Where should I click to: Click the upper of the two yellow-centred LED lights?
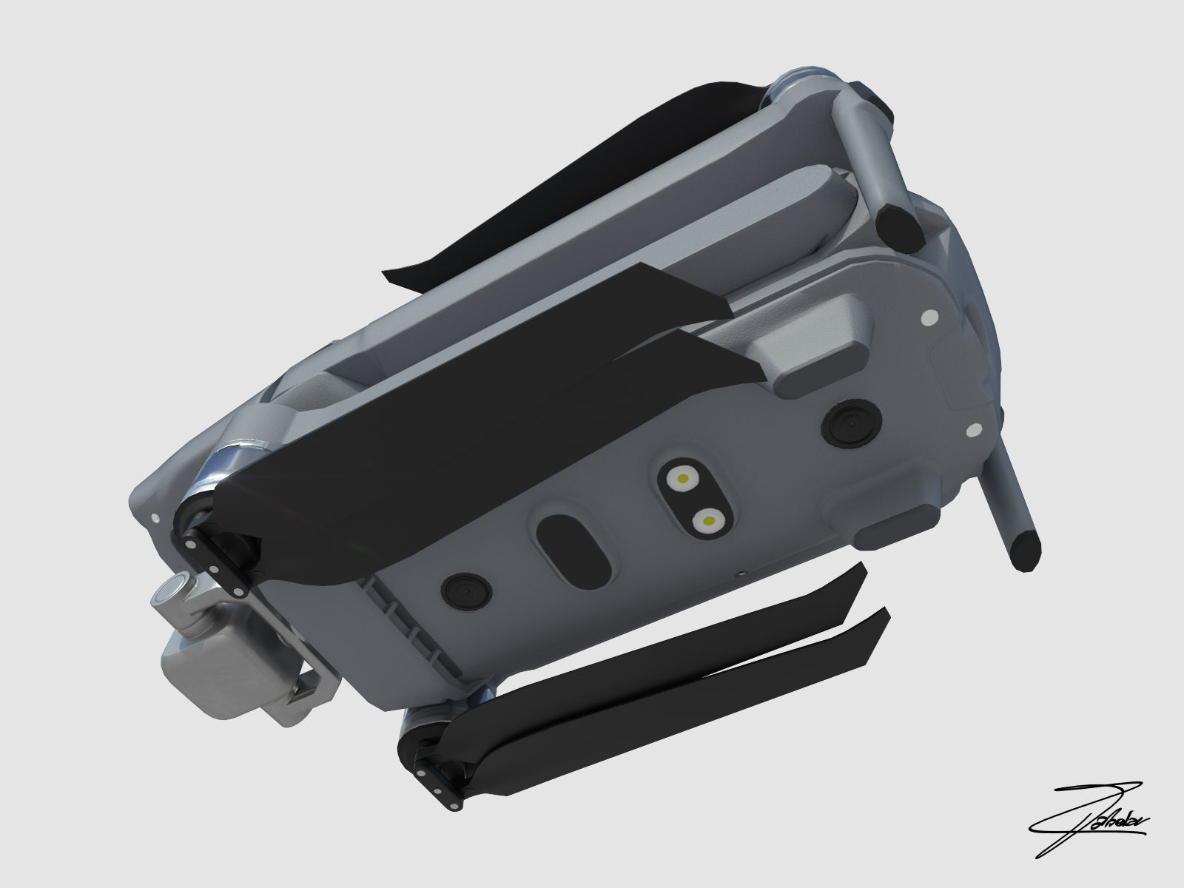(x=680, y=480)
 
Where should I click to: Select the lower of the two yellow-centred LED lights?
(x=708, y=522)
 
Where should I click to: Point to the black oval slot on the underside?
(x=573, y=548)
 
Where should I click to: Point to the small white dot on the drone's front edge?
(x=155, y=518)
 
